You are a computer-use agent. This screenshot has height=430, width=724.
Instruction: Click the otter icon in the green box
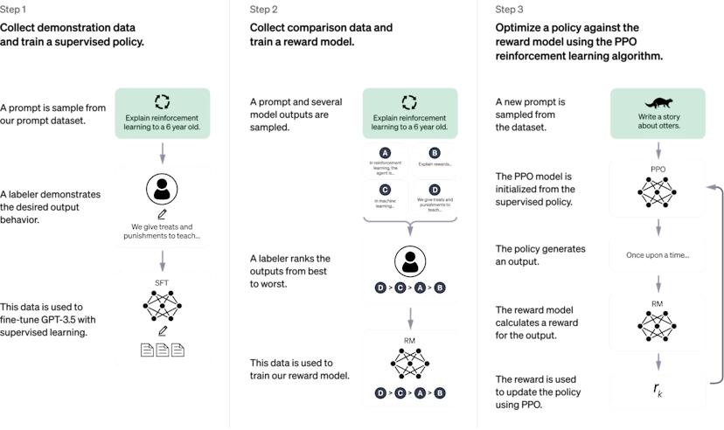(657, 101)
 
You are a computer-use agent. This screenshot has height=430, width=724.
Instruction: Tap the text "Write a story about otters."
(657, 121)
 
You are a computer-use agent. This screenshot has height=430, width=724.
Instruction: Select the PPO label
(657, 169)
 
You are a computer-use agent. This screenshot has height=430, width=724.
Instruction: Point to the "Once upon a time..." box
(657, 254)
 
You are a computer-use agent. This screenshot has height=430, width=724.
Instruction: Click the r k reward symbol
(657, 391)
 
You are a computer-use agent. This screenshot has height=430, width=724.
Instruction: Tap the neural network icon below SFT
(163, 305)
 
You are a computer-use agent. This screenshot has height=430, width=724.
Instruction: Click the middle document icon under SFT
(163, 350)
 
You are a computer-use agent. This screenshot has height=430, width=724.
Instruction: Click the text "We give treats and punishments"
(163, 231)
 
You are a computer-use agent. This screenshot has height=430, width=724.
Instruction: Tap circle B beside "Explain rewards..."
(435, 153)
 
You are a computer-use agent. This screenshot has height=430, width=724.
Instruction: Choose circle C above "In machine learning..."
(386, 190)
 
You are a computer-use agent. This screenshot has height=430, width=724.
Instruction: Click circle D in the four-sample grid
(435, 190)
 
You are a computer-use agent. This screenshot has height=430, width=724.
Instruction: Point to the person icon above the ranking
(410, 260)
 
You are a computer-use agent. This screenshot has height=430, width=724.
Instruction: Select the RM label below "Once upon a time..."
(657, 303)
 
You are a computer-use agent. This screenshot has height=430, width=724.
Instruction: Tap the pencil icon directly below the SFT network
(163, 331)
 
